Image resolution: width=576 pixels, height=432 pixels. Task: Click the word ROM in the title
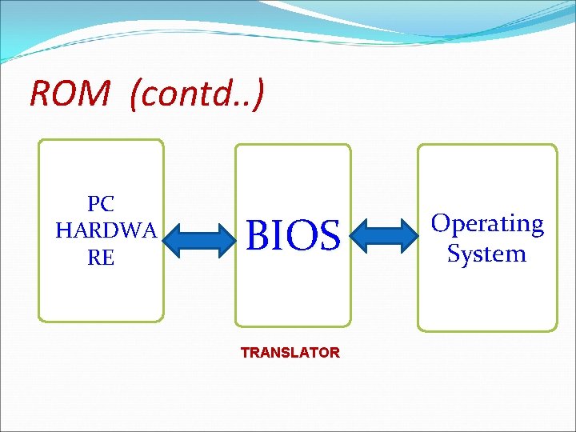70,94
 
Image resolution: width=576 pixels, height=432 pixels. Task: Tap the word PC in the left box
101,203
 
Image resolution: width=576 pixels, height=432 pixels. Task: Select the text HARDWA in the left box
106,230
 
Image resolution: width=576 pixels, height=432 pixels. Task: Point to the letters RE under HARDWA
102,258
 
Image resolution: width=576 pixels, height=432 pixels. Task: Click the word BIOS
294,235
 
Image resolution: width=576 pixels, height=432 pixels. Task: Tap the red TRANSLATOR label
290,352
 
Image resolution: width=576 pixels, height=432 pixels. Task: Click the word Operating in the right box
487,223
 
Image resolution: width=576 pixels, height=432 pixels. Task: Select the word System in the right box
486,254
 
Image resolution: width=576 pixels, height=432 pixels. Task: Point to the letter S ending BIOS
330,235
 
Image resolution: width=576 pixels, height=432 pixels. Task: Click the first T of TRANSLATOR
245,352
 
